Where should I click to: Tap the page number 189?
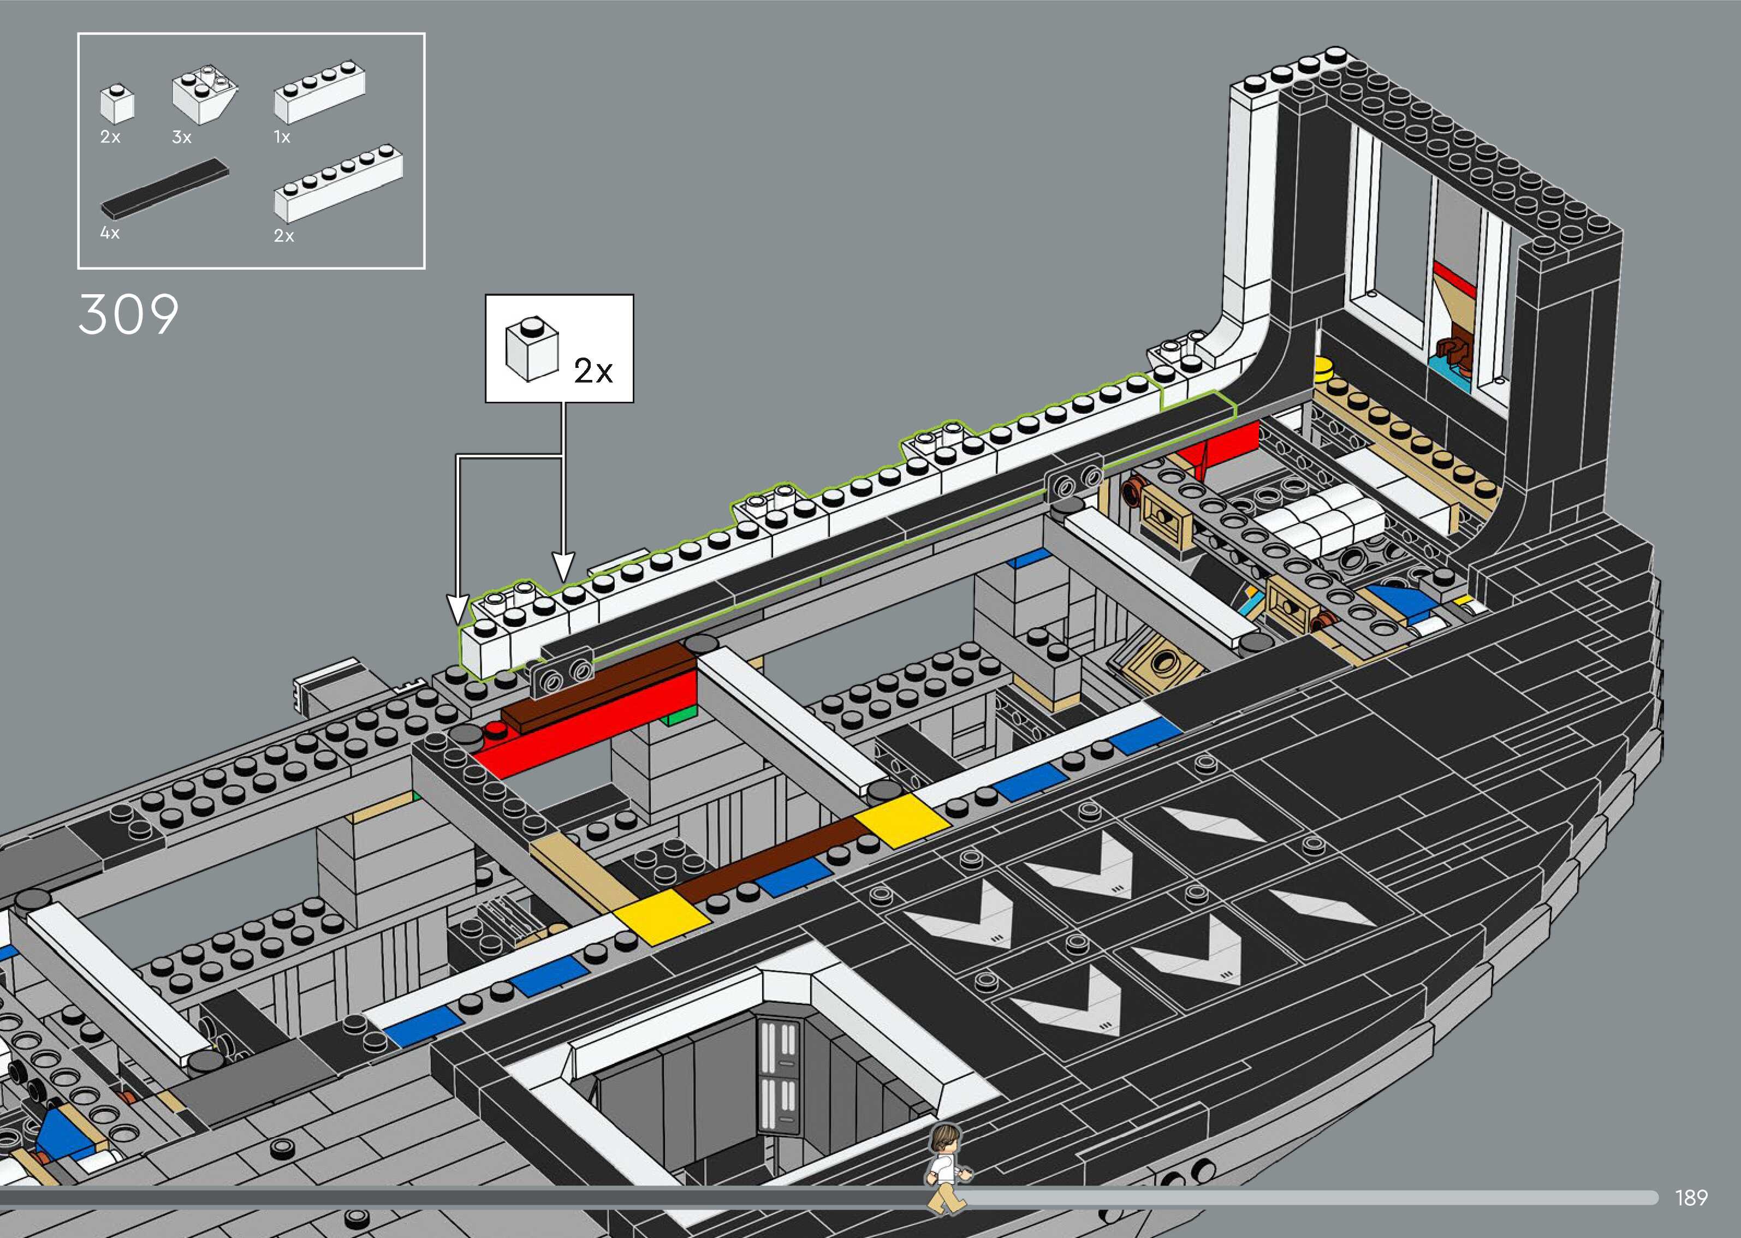[1691, 1198]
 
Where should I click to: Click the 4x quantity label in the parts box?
[110, 233]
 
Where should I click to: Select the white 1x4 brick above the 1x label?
[319, 92]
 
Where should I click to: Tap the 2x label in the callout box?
[593, 371]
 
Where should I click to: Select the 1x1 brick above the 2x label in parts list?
[117, 103]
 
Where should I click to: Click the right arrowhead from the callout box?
[562, 567]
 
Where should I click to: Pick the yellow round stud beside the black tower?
[1324, 368]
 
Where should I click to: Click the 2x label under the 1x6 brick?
[283, 236]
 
